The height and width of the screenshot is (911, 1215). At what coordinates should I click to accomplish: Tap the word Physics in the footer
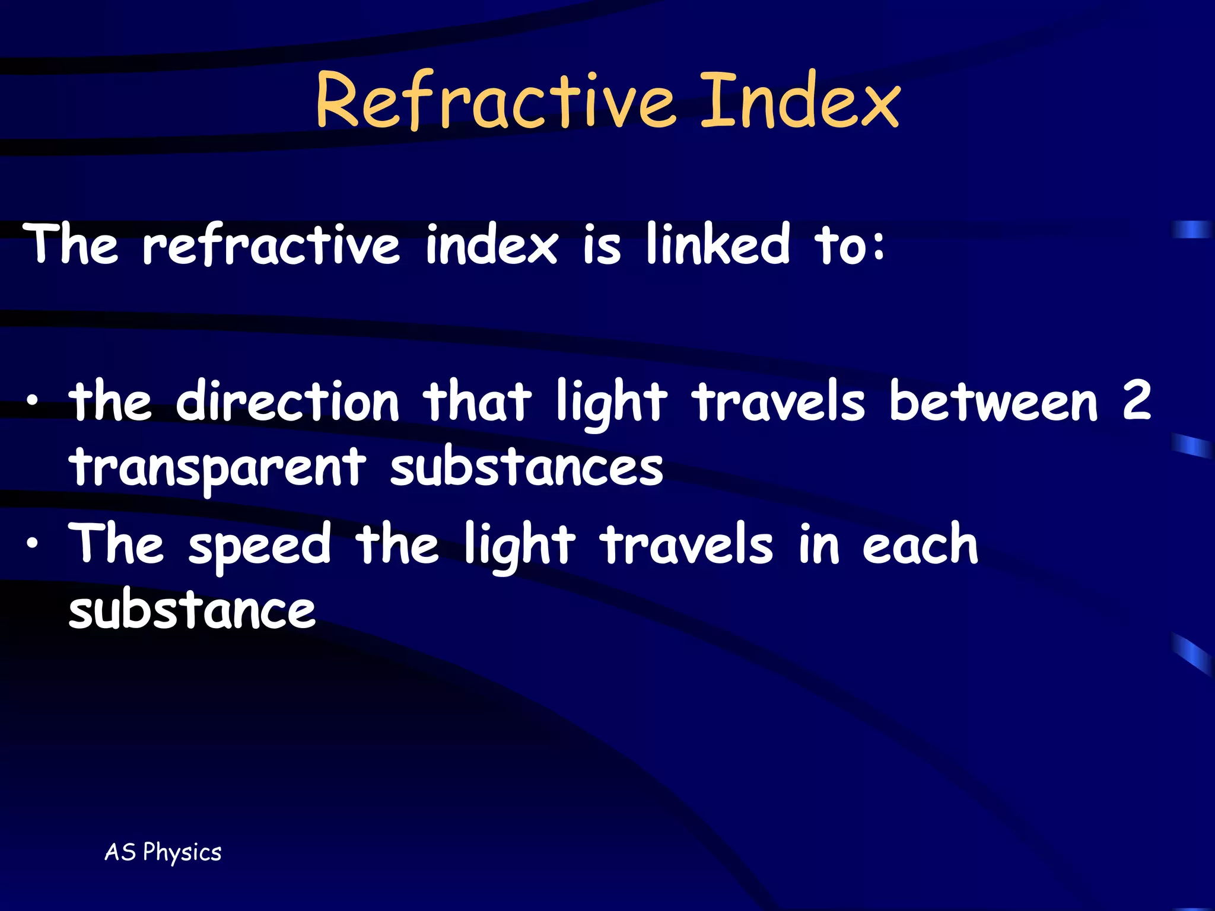(182, 853)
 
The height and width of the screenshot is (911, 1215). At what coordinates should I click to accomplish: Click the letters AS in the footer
(120, 852)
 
